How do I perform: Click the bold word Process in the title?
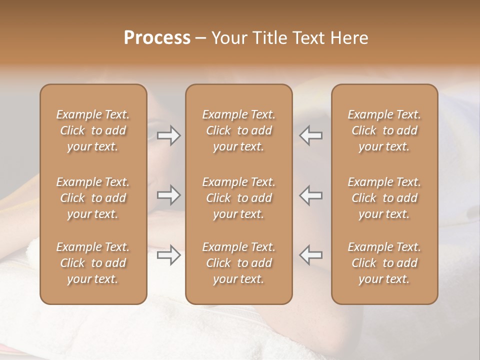pos(157,38)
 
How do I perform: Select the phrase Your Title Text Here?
pos(290,38)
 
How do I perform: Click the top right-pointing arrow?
pos(169,135)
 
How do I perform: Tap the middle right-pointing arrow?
pos(169,195)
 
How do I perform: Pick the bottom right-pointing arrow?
pos(169,255)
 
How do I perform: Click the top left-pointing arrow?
pos(310,135)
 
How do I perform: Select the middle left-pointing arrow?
pos(310,195)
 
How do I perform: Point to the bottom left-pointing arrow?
pos(310,255)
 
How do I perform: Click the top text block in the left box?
pos(93,130)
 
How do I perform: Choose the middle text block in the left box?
pos(93,198)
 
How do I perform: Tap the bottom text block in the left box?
pos(93,263)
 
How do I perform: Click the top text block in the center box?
pos(239,130)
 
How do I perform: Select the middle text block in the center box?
pos(239,198)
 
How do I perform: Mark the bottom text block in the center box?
pos(239,263)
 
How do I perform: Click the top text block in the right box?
pos(384,130)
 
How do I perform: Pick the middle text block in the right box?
pos(384,198)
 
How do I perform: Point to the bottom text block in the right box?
pos(384,263)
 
